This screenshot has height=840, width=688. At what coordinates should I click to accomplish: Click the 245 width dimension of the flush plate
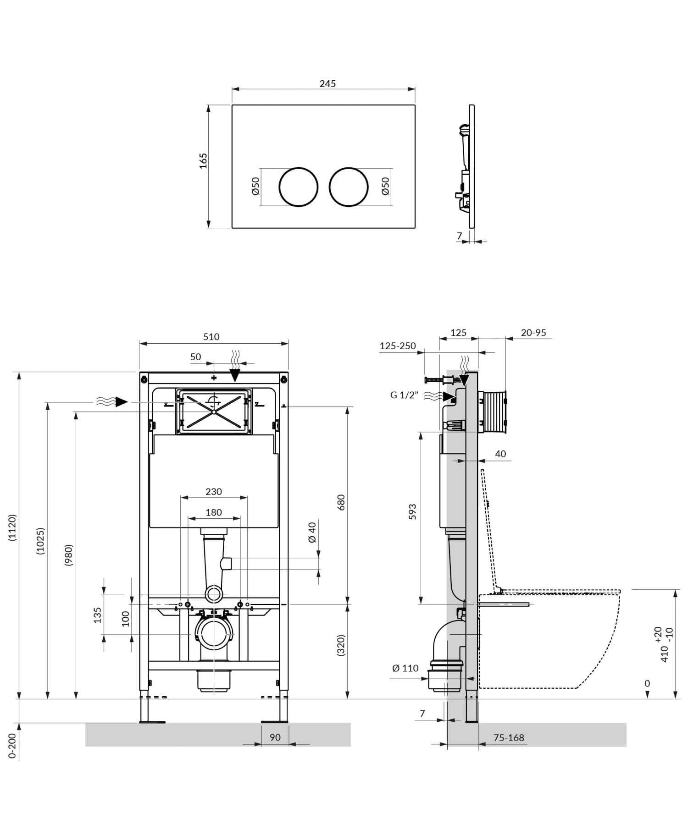(x=327, y=83)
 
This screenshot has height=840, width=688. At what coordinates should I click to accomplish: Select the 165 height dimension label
(x=203, y=161)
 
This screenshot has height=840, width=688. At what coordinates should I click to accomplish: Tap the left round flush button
(x=298, y=187)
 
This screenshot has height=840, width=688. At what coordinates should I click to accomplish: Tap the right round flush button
(x=349, y=187)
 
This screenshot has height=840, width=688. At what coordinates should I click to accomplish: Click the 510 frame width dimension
(x=211, y=337)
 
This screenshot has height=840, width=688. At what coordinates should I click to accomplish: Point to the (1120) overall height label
(x=12, y=527)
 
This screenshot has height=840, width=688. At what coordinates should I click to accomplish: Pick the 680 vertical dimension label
(x=341, y=503)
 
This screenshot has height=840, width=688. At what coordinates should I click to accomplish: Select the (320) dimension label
(x=341, y=645)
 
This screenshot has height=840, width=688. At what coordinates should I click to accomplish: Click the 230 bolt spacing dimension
(x=214, y=492)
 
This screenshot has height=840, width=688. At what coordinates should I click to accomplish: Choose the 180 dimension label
(x=214, y=512)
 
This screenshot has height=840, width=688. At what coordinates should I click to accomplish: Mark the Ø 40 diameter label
(x=312, y=532)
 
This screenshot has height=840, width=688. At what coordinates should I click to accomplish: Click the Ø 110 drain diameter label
(x=405, y=668)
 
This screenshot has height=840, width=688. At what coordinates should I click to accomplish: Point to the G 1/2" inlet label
(x=404, y=395)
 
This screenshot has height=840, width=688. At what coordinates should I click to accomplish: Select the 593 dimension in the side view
(x=412, y=512)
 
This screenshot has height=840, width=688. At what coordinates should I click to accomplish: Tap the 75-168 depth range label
(x=509, y=738)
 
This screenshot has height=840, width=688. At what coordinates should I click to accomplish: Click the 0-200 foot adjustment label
(x=12, y=746)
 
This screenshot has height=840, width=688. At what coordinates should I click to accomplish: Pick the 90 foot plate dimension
(x=275, y=737)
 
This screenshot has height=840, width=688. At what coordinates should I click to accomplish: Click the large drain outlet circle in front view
(x=214, y=634)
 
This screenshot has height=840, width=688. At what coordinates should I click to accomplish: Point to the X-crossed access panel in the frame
(x=214, y=412)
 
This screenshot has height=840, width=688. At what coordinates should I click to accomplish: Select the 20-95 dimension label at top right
(x=533, y=333)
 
